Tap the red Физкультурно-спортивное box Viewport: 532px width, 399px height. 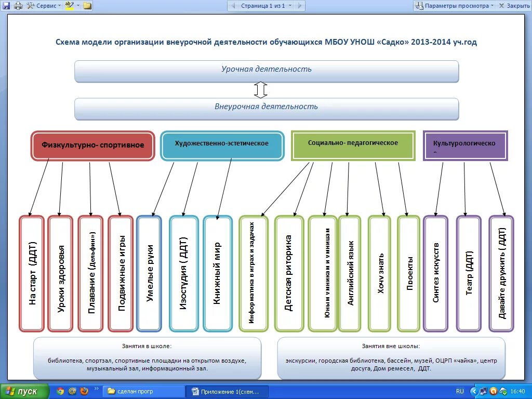point(93,145)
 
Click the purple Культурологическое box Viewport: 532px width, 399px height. point(465,145)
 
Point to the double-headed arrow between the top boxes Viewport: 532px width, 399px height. point(261,90)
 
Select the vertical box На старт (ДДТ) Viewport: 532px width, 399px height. point(32,273)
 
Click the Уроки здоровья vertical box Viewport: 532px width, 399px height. point(60,273)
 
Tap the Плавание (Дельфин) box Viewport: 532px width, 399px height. point(91,273)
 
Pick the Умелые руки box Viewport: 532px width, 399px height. point(149,273)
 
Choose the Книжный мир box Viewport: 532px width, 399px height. point(218,273)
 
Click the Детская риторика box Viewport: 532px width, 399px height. point(289,273)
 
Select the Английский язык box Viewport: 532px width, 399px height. point(350,273)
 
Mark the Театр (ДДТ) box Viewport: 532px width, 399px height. point(469,273)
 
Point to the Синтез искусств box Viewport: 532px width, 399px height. point(435,273)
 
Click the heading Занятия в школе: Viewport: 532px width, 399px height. point(147,345)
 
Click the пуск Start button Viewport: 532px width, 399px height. point(24,391)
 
